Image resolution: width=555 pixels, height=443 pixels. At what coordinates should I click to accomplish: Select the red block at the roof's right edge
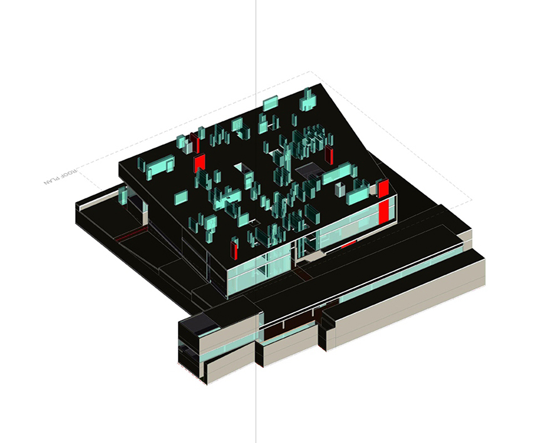383,188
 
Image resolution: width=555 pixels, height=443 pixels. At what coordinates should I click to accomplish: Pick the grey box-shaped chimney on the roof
340,190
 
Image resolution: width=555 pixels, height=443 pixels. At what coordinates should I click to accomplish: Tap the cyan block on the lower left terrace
123,195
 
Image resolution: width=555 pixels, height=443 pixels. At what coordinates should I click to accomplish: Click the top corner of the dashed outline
311,71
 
